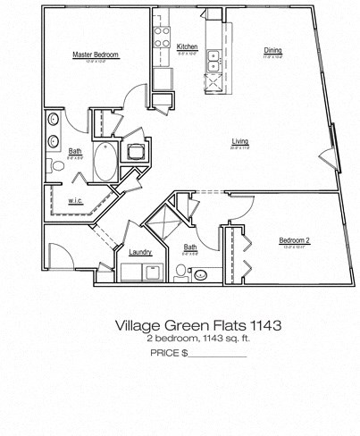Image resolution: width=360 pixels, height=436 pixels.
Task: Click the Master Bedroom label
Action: [x=96, y=55]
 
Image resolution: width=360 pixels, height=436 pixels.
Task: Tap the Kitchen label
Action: [x=187, y=46]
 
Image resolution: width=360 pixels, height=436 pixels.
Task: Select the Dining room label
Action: [x=272, y=50]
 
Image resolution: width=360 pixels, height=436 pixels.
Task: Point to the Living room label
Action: [x=240, y=141]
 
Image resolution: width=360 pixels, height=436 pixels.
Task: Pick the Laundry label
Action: [x=140, y=253]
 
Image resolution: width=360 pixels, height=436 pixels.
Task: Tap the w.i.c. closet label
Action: [x=76, y=201]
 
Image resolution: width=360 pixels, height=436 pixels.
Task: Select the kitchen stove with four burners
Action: [x=163, y=38]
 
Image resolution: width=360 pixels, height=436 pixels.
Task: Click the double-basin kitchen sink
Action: [x=214, y=61]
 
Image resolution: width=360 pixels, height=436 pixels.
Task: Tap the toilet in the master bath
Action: [x=58, y=166]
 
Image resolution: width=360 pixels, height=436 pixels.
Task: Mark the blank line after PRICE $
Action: [x=218, y=356]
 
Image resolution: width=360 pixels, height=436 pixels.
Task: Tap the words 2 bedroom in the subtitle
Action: [x=170, y=340]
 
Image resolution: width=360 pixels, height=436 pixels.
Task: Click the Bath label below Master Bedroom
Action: [x=75, y=151]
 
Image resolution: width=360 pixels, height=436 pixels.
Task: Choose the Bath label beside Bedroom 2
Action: [x=190, y=247]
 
